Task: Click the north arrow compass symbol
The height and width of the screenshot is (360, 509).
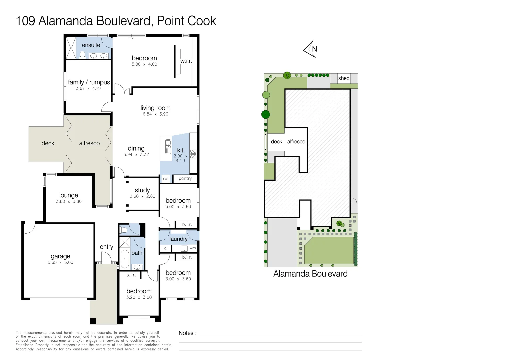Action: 310,49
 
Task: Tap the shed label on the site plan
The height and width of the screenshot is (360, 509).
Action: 344,78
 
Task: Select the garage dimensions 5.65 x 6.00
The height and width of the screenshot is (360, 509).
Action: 60,263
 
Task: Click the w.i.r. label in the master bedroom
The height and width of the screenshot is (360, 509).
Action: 186,61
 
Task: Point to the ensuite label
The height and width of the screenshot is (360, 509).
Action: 91,45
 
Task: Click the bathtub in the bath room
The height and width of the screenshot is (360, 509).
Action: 125,259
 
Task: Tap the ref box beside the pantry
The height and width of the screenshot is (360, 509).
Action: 166,179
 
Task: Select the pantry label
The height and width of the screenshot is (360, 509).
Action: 185,179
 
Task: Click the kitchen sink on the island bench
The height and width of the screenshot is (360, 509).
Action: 168,147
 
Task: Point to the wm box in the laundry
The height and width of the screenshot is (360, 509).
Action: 193,248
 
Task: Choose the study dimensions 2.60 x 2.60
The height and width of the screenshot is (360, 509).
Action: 142,196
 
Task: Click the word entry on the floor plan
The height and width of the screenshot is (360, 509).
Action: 106,247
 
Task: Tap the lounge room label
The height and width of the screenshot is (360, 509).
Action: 69,195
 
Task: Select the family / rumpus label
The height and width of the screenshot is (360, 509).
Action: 89,82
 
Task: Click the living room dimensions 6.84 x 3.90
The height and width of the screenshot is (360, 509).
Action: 155,114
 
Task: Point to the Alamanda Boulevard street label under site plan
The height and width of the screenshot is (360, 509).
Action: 310,274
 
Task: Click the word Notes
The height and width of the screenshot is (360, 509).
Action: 186,333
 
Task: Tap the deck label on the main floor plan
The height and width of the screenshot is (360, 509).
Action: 48,143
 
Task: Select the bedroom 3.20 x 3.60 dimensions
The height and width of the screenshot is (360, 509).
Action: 139,297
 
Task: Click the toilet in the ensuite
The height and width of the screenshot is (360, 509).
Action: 82,55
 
